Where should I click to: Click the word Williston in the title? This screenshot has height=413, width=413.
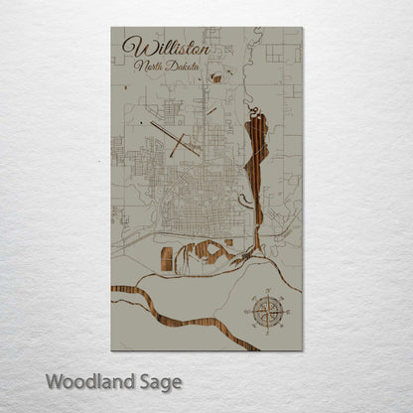[x=167, y=49]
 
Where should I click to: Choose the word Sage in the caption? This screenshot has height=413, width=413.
[x=163, y=382]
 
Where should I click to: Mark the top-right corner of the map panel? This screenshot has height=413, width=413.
[x=303, y=27]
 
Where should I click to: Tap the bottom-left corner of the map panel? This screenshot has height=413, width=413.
[x=111, y=350]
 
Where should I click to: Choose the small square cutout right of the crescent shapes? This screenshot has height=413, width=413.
[x=227, y=241]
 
